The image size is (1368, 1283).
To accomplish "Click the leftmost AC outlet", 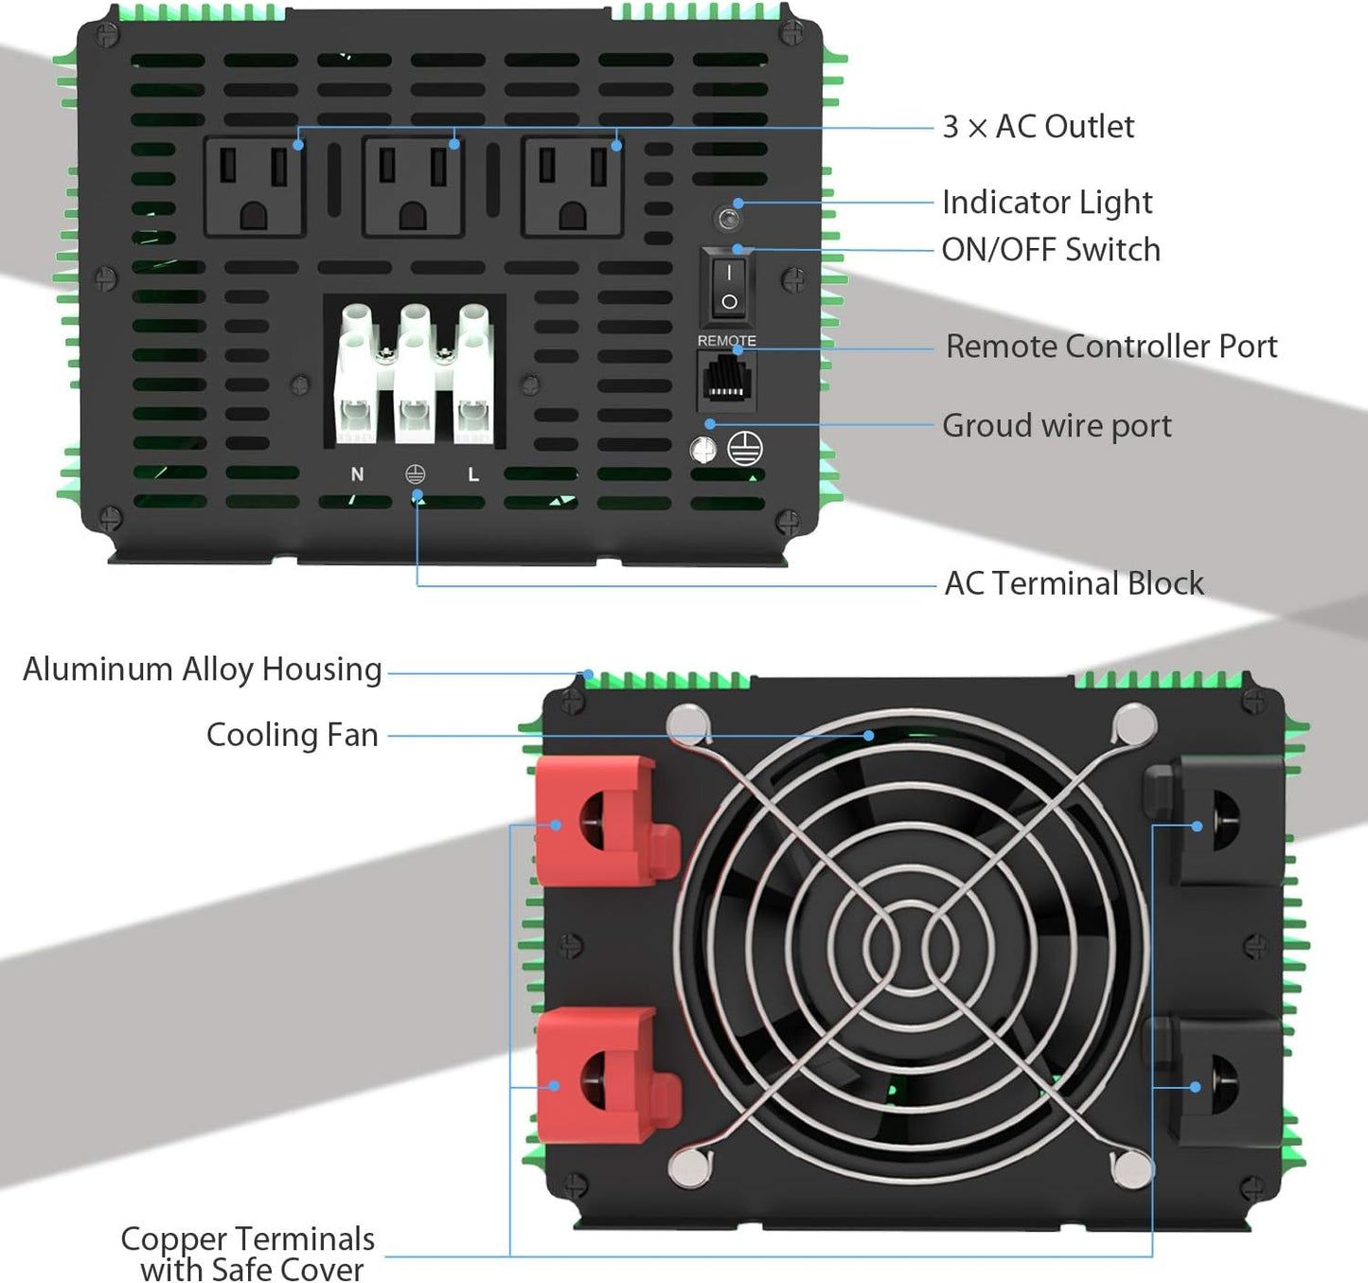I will (254, 187).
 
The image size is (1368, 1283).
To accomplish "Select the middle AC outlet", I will (413, 187).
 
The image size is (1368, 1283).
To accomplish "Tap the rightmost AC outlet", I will (572, 187).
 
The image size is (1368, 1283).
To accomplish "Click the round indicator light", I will (728, 220).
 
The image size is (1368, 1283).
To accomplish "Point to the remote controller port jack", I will (726, 379).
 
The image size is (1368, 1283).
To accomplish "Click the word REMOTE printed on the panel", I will (726, 340).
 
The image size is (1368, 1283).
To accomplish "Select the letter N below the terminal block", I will (357, 474).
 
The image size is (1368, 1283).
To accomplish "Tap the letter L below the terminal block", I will (473, 474).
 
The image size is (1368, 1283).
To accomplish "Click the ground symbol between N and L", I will (415, 474).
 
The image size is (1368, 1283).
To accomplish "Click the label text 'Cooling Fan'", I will (292, 735).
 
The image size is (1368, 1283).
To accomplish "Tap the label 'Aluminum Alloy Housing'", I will (202, 669).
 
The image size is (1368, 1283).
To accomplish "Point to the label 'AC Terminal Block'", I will (1074, 583).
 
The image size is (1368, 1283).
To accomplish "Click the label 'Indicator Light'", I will (1046, 203).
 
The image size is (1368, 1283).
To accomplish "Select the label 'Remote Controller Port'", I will (1110, 347).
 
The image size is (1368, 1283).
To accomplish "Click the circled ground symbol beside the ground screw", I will (745, 449).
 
